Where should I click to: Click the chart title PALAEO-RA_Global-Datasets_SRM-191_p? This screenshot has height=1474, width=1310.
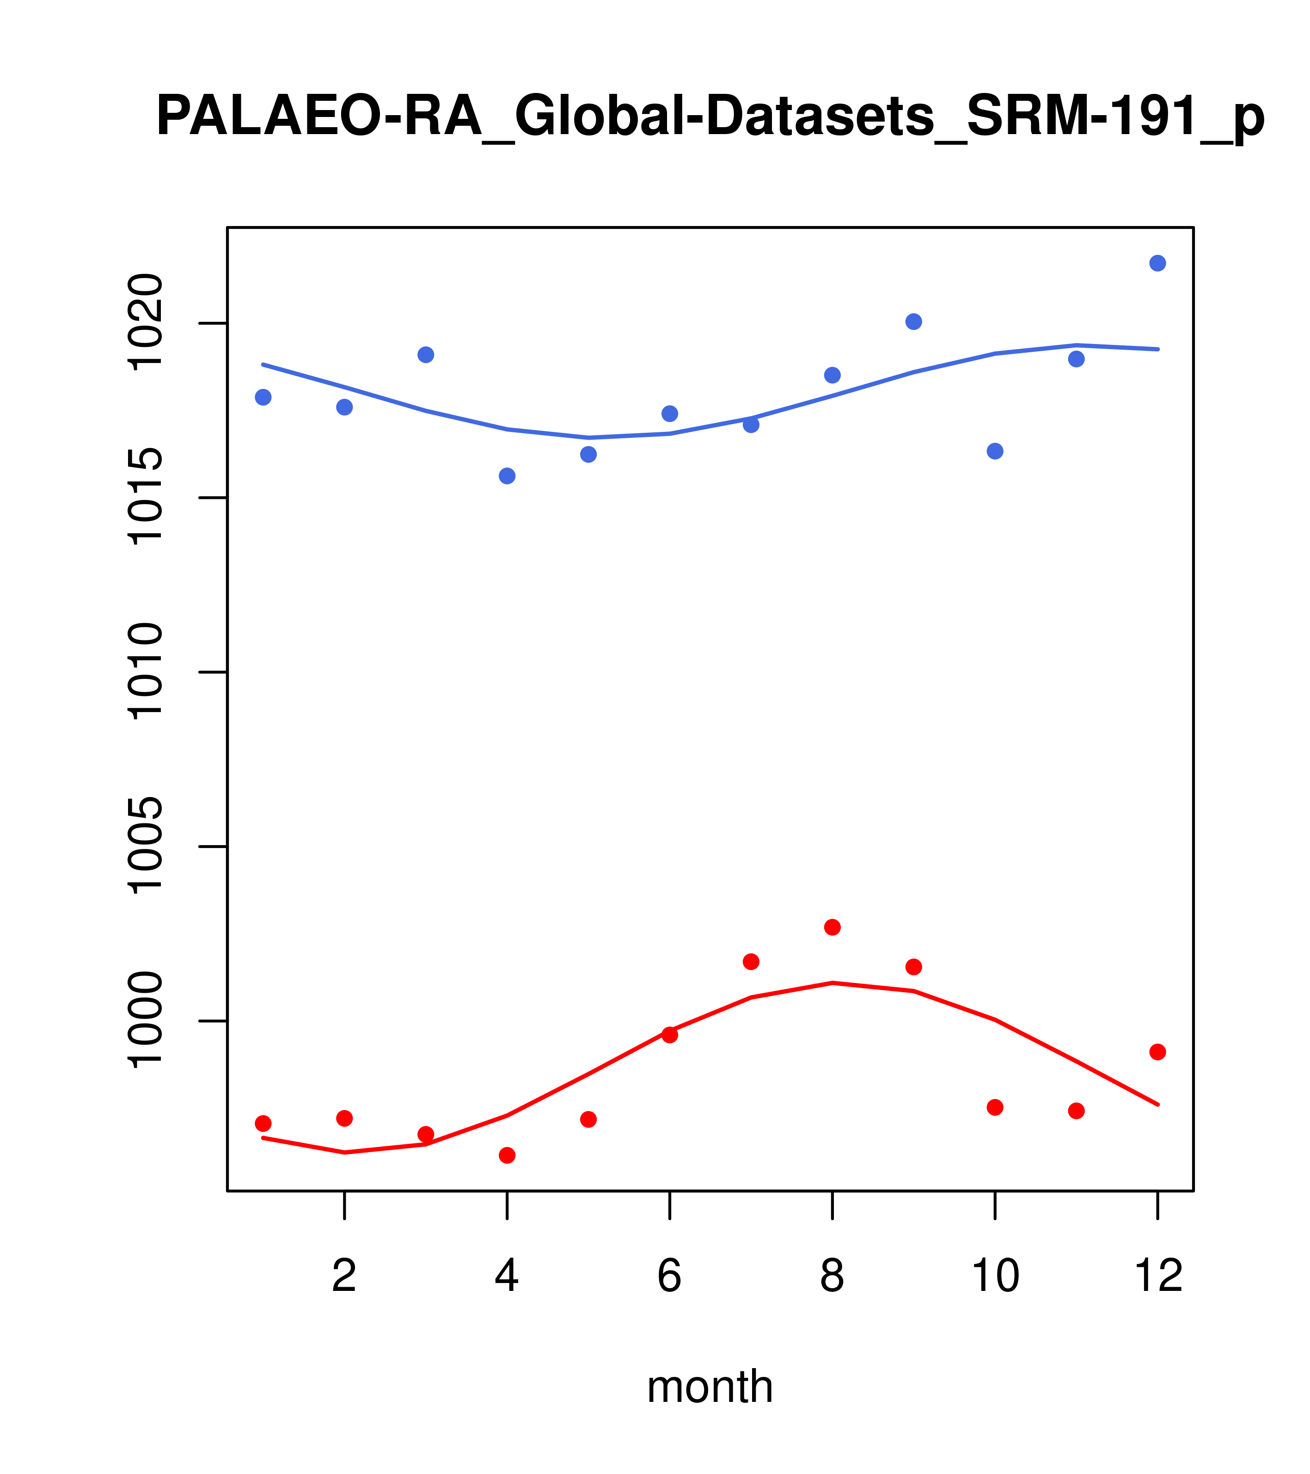click(x=710, y=117)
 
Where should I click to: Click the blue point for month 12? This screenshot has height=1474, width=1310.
click(x=1158, y=263)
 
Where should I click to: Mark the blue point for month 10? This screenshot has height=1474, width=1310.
click(x=995, y=451)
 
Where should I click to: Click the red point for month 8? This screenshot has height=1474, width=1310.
click(x=832, y=927)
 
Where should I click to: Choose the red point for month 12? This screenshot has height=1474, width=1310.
click(x=1158, y=1052)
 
